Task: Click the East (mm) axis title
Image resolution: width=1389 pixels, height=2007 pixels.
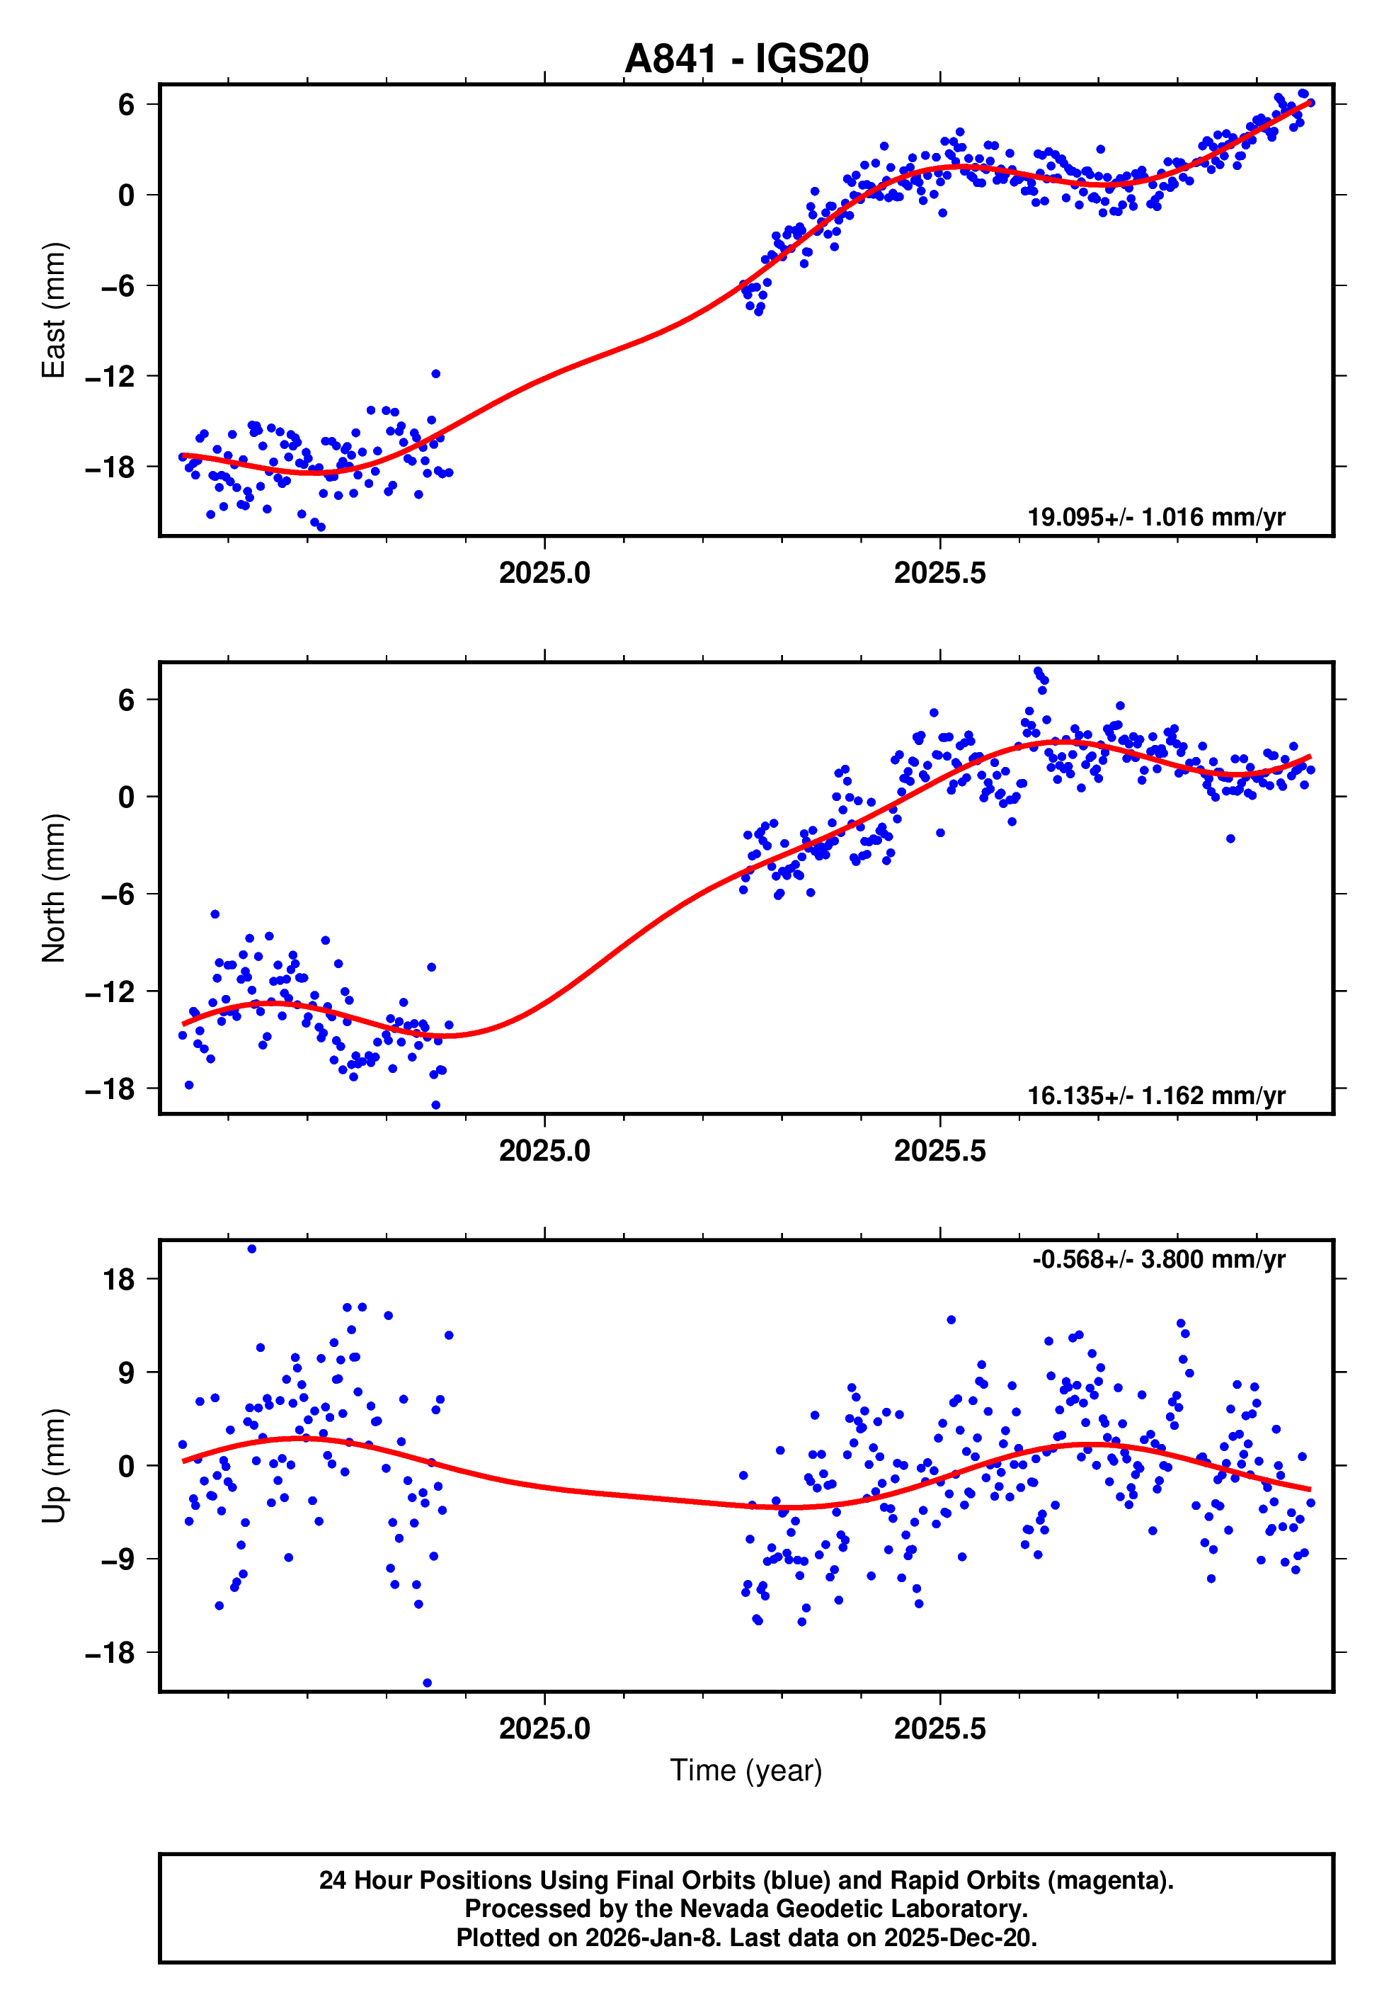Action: tap(54, 310)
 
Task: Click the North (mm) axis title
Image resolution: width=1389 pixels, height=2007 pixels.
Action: tap(54, 888)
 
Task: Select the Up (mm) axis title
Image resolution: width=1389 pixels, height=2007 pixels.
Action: tap(54, 1466)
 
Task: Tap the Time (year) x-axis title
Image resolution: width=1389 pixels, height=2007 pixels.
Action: tap(746, 1770)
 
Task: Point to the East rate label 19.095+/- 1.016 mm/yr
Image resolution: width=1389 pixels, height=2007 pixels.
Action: tap(1156, 517)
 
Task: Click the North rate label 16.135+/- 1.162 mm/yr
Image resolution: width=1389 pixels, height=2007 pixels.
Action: tap(1156, 1095)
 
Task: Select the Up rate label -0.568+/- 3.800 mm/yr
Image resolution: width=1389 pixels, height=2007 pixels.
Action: tap(1158, 1259)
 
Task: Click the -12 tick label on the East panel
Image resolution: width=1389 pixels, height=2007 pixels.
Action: tap(110, 376)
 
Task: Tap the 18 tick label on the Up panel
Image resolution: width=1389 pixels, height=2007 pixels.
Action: tap(119, 1280)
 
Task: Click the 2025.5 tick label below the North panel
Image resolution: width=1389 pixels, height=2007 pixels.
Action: tap(940, 1151)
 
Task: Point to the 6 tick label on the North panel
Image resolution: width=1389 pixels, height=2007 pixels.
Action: tap(127, 700)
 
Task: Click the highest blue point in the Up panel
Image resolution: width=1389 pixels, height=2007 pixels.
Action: tap(251, 1249)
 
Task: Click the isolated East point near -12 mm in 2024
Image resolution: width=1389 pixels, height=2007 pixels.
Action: tap(436, 373)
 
